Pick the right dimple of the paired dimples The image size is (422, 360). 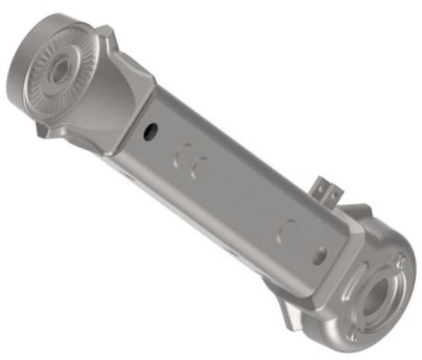click(201, 168)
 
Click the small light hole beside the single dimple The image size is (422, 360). click(319, 255)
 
